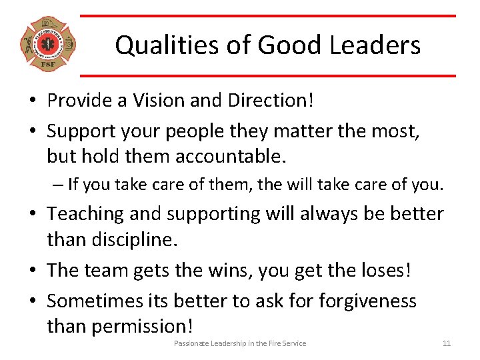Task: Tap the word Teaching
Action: (x=90, y=213)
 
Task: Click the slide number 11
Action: (x=447, y=343)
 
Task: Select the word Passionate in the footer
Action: (x=191, y=343)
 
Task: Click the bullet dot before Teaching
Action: (x=32, y=214)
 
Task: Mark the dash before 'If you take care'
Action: (x=59, y=184)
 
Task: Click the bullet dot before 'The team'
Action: (x=32, y=271)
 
